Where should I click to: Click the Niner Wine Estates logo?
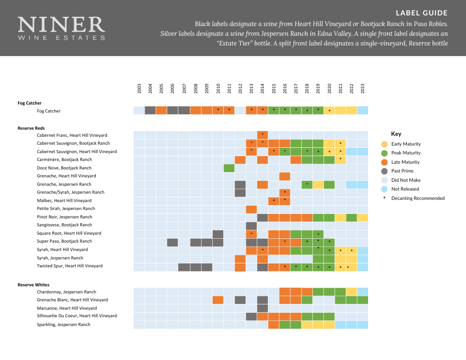pos(61,28)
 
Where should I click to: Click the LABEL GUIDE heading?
pos(421,13)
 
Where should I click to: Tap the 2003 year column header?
pos(139,88)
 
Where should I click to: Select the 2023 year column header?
pos(363,88)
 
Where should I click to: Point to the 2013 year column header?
pos(251,88)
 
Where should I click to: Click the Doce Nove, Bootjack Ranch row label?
pos(64,168)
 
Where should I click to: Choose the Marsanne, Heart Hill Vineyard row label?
pos(67,308)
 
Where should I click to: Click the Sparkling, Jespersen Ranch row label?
pos(64,324)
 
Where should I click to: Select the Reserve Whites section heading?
pos(34,285)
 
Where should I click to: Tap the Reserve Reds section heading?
pos(31,128)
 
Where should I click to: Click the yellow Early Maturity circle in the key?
pos(384,144)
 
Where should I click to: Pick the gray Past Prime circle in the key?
pos(384,171)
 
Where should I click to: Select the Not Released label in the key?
pos(406,189)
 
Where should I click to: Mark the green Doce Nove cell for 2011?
pos(229,168)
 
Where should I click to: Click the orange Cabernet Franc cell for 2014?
pos(262,135)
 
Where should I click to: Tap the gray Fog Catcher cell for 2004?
pos(150,110)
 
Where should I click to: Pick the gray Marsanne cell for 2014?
pos(262,308)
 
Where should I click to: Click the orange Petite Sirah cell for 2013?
pos(251,209)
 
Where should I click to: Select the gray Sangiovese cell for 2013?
pos(251,225)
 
